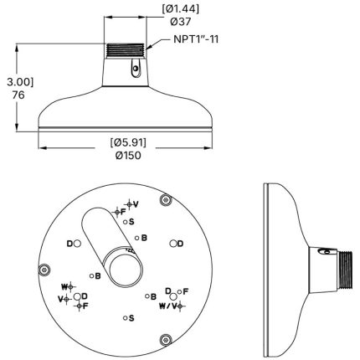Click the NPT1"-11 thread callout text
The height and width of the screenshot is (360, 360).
pos(196,39)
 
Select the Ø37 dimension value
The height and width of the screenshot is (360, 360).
pos(181,22)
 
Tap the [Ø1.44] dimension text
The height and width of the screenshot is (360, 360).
pos(181,9)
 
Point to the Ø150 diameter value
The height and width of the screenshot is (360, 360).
pos(128,156)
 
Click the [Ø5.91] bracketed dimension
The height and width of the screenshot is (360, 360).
pos(128,142)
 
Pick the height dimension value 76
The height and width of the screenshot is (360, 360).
pos(18,95)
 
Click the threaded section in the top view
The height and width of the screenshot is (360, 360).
pos(126,51)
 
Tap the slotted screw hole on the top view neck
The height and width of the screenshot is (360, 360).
pos(136,69)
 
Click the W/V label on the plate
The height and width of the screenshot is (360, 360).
pos(168,306)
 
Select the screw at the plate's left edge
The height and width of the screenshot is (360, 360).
pos(44,270)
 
